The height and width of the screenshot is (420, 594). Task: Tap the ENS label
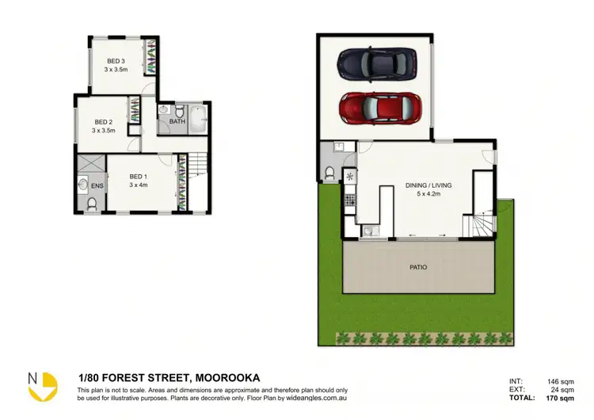click(x=97, y=186)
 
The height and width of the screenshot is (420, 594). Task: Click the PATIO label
click(x=418, y=267)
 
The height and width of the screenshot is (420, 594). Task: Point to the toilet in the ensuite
click(x=92, y=204)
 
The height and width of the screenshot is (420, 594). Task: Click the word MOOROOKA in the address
click(x=226, y=377)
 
